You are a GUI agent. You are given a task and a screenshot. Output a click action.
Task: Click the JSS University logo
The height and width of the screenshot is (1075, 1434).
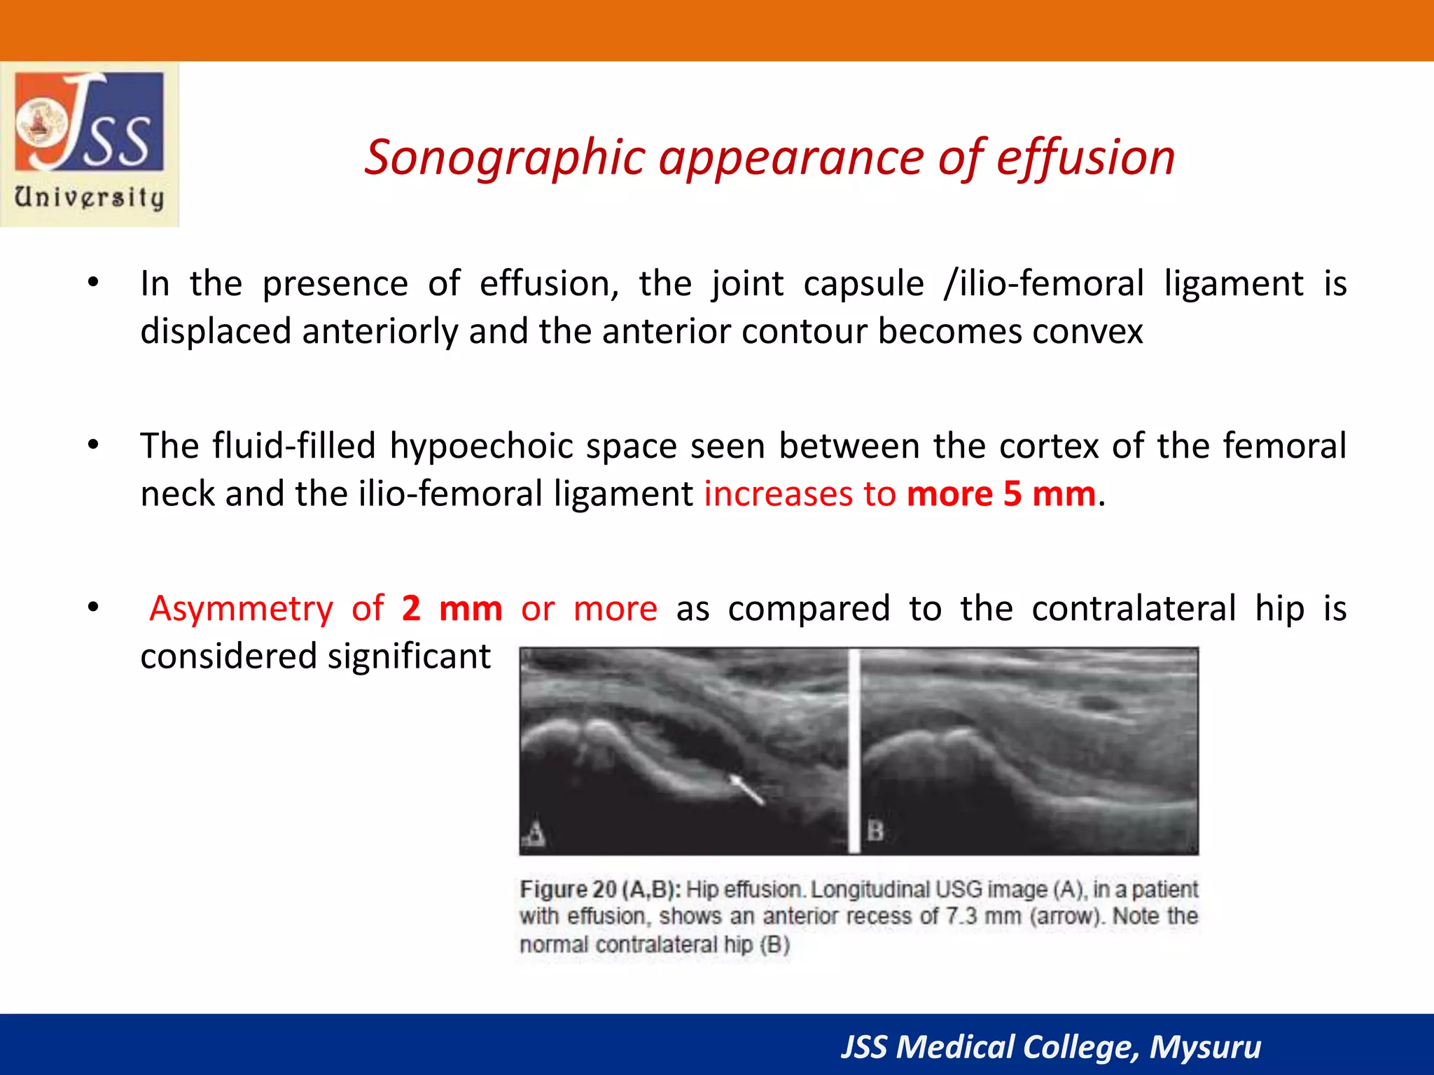click(x=90, y=143)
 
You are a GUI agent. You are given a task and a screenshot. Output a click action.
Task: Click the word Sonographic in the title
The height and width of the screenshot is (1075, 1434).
click(x=504, y=157)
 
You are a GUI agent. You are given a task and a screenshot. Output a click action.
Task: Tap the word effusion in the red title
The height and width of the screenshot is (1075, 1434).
click(x=1085, y=157)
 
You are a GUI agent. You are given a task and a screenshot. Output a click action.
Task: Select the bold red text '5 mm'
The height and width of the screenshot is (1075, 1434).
click(x=1049, y=494)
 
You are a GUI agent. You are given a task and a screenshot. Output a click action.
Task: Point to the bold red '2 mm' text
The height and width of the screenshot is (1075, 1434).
click(x=452, y=608)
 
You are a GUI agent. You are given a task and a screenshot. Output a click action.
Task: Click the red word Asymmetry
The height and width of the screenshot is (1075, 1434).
click(x=242, y=608)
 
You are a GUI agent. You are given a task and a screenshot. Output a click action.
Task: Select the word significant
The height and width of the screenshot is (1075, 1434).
click(x=409, y=656)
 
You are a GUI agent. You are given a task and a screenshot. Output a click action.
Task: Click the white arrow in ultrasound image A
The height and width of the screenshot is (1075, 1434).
click(x=747, y=789)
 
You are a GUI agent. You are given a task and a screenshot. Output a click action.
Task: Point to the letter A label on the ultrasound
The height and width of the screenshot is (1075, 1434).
click(x=535, y=833)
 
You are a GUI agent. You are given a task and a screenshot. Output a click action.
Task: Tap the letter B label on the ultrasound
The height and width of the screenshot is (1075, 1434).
click(x=875, y=831)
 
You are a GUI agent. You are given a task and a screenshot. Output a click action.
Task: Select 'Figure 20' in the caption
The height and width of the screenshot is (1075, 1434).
click(x=568, y=890)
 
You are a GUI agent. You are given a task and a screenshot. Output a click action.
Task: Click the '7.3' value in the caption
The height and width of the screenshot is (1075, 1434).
click(x=961, y=916)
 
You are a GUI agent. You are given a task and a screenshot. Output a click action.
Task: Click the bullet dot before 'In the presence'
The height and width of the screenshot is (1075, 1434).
click(x=93, y=283)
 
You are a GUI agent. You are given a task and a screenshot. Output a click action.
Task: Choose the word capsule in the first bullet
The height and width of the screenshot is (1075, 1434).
click(x=863, y=284)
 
